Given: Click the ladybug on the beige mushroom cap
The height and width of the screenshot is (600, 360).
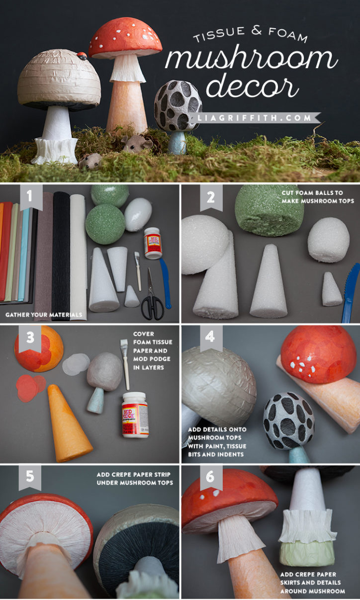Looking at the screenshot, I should (x=83, y=56).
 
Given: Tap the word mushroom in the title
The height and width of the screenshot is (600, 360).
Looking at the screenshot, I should (x=251, y=60).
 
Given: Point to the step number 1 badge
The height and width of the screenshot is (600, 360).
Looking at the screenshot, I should (x=29, y=197).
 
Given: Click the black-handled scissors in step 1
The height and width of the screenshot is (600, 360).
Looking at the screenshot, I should (x=152, y=298).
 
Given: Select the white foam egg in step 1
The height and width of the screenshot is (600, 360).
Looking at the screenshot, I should (x=138, y=214).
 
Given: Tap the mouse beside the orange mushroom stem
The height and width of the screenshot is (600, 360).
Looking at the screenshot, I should (x=131, y=143).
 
